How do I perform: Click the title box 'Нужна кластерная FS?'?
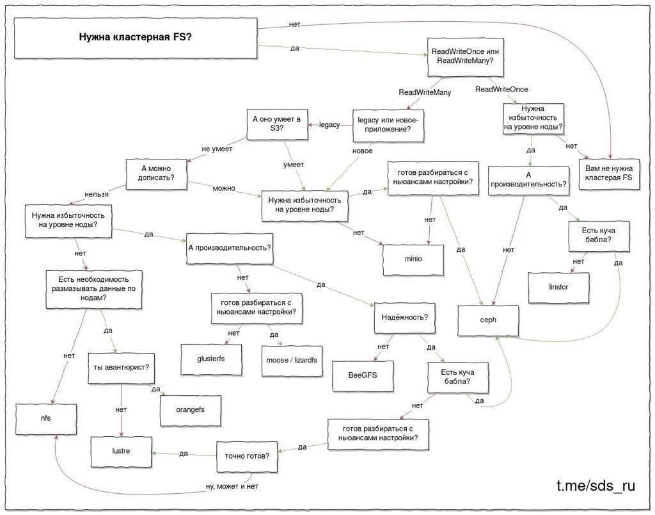pyautogui.click(x=136, y=38)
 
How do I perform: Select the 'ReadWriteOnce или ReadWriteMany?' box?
pyautogui.click(x=465, y=56)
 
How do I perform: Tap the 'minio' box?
pyautogui.click(x=413, y=259)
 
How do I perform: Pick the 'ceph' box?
pyautogui.click(x=488, y=320)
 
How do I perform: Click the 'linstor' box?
pyautogui.click(x=558, y=288)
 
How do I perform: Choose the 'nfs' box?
pyautogui.click(x=46, y=418)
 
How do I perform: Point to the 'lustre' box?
pyautogui.click(x=121, y=452)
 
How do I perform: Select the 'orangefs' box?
pyautogui.click(x=191, y=410)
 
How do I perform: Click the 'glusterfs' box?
pyautogui.click(x=211, y=359)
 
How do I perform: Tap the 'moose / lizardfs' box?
pyautogui.click(x=292, y=361)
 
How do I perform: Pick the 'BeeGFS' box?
pyautogui.click(x=363, y=376)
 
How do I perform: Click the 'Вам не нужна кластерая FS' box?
pyautogui.click(x=609, y=174)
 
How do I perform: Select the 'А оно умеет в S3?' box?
pyautogui.click(x=277, y=124)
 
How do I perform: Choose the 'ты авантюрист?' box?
pyautogui.click(x=122, y=368)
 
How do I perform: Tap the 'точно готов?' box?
pyautogui.click(x=247, y=457)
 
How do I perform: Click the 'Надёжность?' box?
pyautogui.click(x=405, y=318)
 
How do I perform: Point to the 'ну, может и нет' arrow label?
pyautogui.click(x=232, y=487)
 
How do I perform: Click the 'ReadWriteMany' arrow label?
pyautogui.click(x=425, y=92)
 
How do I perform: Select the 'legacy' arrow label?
pyautogui.click(x=329, y=125)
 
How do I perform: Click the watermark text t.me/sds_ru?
pyautogui.click(x=596, y=486)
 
